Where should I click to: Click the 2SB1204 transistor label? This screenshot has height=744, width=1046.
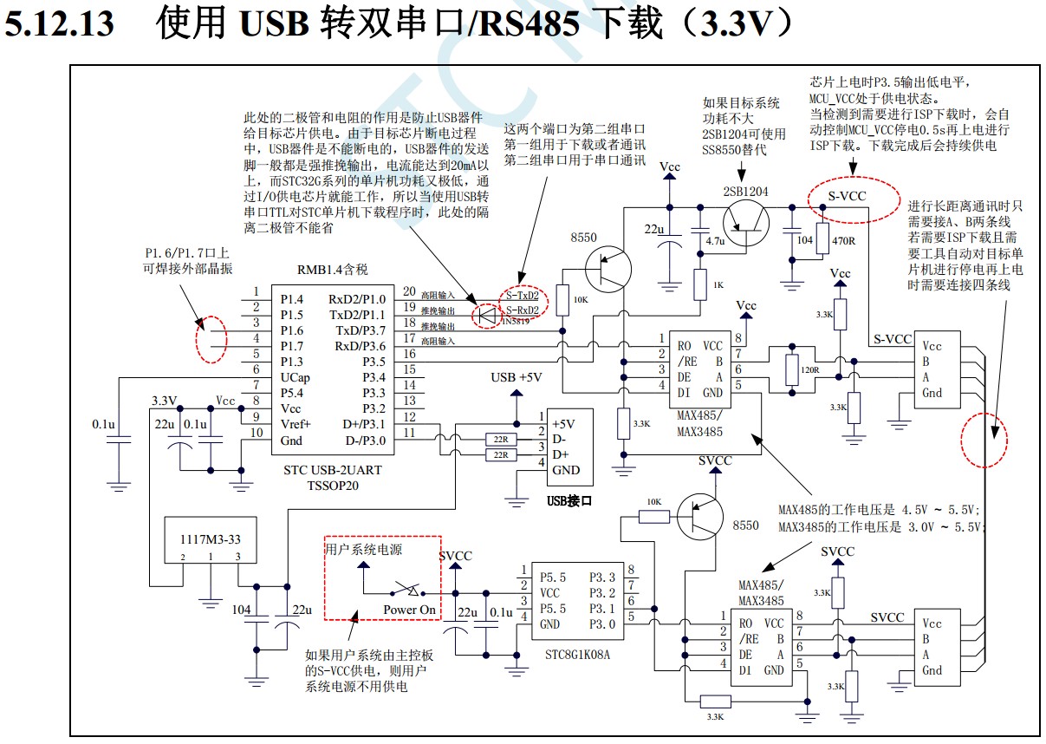(x=745, y=192)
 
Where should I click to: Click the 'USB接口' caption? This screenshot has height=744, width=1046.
(x=568, y=500)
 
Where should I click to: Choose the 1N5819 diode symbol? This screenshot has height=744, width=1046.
(x=488, y=315)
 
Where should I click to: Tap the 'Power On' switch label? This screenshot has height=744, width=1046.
(x=409, y=610)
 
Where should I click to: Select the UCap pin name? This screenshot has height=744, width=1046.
(x=295, y=377)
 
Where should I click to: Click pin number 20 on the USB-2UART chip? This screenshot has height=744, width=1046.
(x=409, y=292)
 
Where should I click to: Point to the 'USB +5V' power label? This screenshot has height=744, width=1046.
(x=517, y=376)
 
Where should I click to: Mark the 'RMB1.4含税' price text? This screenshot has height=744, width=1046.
(x=333, y=269)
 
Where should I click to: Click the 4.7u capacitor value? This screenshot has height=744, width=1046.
(x=715, y=240)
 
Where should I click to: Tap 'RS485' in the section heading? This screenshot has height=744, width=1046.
(x=530, y=24)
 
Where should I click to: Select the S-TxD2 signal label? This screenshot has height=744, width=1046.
(x=523, y=297)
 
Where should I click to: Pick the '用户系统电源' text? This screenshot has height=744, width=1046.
(x=363, y=549)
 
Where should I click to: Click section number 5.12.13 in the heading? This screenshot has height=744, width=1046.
(x=59, y=24)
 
